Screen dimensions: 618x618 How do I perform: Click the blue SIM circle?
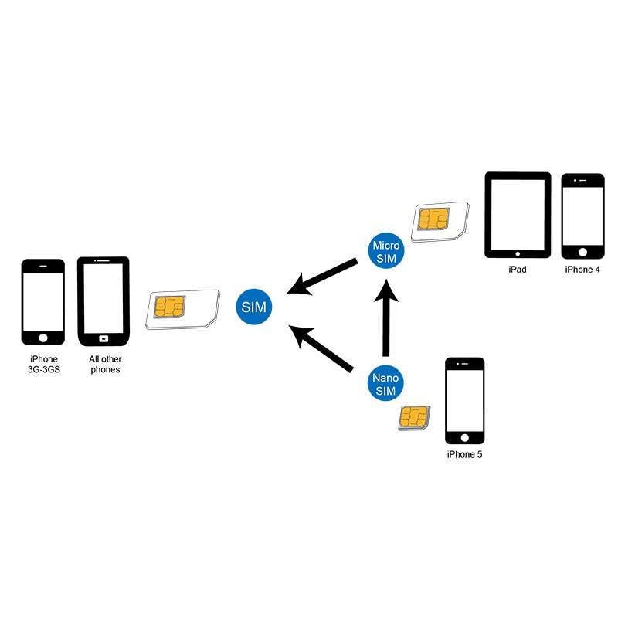253,307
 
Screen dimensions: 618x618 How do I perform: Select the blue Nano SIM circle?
385,385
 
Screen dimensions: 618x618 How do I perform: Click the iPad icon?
517,214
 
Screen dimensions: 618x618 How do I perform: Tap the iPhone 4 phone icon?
582,216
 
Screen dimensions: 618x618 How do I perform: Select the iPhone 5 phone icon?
463,402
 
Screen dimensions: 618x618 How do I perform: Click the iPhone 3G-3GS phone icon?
43,301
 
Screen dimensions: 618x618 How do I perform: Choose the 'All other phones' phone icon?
103,301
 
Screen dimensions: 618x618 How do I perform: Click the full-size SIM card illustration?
182,309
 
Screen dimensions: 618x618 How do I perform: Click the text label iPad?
517,270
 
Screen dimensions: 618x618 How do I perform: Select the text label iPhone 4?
582,270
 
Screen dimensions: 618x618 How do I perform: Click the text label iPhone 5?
463,454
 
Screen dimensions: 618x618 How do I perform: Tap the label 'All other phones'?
105,364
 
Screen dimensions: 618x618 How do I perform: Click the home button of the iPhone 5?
463,438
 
